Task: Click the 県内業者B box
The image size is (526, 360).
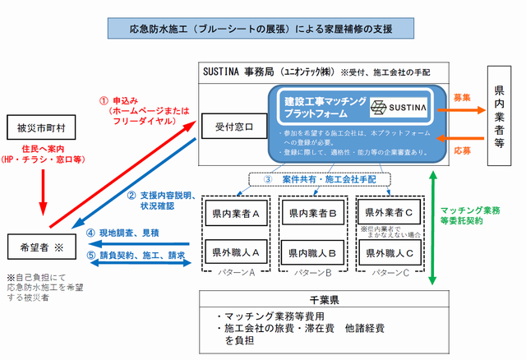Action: pos(313,213)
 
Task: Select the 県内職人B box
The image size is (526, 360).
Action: pos(313,252)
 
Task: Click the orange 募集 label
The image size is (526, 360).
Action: pos(462,97)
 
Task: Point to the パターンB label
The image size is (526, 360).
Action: pos(313,271)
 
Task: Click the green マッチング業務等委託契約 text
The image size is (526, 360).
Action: pos(474,216)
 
